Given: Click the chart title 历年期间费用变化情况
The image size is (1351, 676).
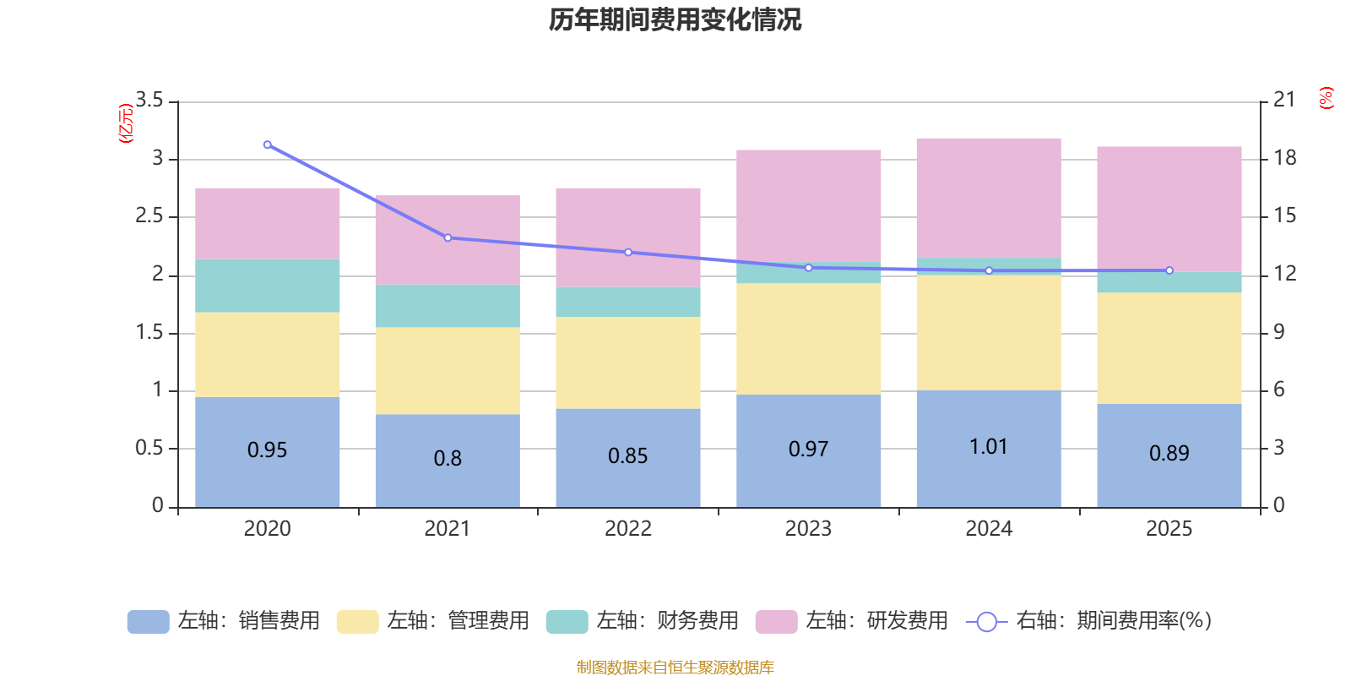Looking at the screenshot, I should (x=675, y=19).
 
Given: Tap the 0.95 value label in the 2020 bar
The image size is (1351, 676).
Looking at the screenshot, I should (x=267, y=450).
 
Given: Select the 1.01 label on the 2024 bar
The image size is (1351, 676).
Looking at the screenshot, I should (x=988, y=447).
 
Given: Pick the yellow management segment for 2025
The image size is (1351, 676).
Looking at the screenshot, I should (x=1169, y=347).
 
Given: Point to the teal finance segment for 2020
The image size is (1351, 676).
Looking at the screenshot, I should (x=267, y=286).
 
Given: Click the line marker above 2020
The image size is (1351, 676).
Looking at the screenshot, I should (x=267, y=144).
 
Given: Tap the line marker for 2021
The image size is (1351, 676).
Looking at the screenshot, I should (x=448, y=237).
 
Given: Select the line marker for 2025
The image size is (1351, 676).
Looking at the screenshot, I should (x=1169, y=270).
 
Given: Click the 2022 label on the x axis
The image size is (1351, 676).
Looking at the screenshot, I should (x=627, y=529).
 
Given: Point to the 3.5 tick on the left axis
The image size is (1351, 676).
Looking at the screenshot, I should (x=149, y=101).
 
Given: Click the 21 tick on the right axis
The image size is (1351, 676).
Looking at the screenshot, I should (x=1284, y=100).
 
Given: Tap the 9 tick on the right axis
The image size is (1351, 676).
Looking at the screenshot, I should (x=1278, y=332).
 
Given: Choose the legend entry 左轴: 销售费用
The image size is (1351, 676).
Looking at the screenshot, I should (x=224, y=621).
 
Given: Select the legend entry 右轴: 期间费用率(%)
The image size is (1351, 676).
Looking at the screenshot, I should (x=1088, y=621).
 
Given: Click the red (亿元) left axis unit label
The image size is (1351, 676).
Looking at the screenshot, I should (x=126, y=123).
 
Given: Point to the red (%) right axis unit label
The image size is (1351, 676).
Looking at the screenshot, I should (x=1326, y=98).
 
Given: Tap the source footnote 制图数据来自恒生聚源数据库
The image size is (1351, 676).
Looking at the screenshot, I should (x=675, y=668).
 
